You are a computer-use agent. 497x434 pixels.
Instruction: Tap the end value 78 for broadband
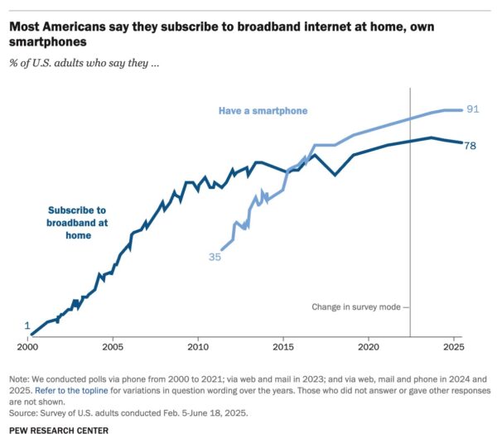click(x=470, y=145)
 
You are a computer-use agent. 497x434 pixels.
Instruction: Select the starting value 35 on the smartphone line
click(x=215, y=258)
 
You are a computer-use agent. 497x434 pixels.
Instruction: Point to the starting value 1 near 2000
click(x=27, y=325)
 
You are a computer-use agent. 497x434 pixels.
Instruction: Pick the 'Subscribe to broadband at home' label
click(x=77, y=223)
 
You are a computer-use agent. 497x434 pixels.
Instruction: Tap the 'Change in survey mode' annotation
click(x=357, y=306)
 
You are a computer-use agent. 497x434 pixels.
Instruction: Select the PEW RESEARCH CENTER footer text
click(x=59, y=430)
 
